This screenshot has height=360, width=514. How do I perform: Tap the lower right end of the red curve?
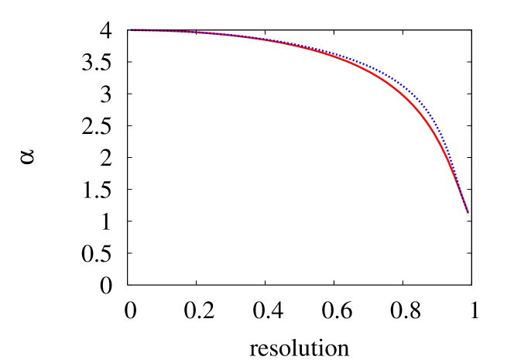pyautogui.click(x=468, y=211)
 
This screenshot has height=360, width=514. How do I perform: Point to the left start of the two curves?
pyautogui.click(x=133, y=31)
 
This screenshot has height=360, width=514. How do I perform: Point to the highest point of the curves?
pyautogui.click(x=133, y=30)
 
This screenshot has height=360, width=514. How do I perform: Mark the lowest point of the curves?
pyautogui.click(x=468, y=211)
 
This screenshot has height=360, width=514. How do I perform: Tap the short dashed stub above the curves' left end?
pyautogui.click(x=141, y=29)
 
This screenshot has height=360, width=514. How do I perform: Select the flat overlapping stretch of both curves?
pyautogui.click(x=194, y=33)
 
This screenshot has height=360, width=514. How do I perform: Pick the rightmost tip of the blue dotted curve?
pyautogui.click(x=468, y=210)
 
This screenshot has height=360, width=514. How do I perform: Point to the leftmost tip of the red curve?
pyautogui.click(x=132, y=31)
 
